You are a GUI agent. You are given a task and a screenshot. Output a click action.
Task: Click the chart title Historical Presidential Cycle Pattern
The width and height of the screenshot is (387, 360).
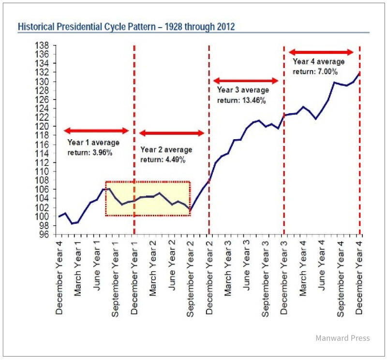click(x=126, y=26)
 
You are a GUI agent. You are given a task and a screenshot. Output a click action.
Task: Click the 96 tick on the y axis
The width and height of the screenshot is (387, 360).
click(x=47, y=234)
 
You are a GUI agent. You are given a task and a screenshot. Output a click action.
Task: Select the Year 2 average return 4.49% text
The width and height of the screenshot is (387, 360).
click(x=166, y=154)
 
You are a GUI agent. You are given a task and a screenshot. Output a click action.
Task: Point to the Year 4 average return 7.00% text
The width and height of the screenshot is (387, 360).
click(x=318, y=66)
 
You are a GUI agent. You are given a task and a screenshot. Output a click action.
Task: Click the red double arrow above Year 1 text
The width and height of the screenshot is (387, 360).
click(x=96, y=130)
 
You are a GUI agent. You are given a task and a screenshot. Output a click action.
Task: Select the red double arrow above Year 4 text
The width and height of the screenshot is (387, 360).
click(x=321, y=52)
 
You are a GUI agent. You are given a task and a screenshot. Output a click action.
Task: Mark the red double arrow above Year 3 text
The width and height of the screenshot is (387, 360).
click(x=246, y=81)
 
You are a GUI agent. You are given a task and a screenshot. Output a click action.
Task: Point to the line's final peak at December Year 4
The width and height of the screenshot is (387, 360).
click(x=358, y=73)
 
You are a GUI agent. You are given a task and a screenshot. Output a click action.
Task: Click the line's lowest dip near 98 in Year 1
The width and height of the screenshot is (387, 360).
click(x=72, y=223)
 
